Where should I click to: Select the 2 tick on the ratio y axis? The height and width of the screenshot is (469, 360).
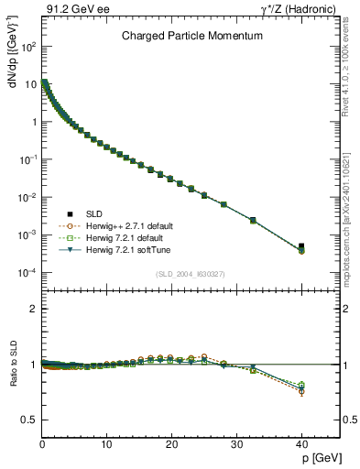(31, 309)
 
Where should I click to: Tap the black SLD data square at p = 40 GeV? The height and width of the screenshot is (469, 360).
(301, 246)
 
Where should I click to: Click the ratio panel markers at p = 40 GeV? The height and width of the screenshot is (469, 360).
(301, 388)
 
